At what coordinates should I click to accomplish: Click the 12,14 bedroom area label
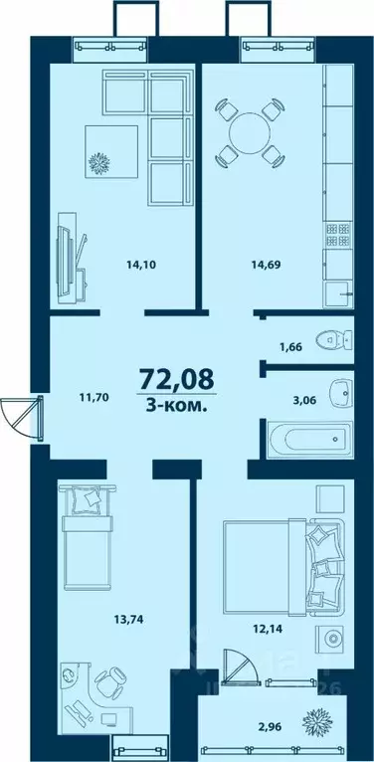coord(265,629)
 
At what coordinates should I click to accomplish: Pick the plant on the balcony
coord(320,719)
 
